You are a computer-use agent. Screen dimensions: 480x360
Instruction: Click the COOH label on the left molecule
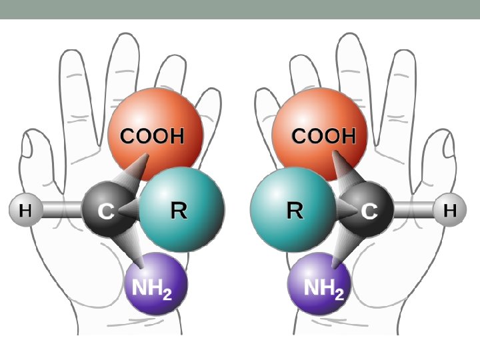[x=151, y=137]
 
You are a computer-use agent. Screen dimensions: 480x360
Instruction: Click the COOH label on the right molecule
[x=324, y=137]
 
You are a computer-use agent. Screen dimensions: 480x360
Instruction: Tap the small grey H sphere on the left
[x=25, y=211]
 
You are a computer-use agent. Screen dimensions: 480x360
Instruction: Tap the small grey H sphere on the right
[x=450, y=211]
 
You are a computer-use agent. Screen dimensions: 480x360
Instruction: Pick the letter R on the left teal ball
[x=179, y=211]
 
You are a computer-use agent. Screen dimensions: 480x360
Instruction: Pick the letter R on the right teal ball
[x=295, y=211]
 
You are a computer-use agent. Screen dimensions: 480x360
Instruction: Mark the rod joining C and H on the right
[x=413, y=211]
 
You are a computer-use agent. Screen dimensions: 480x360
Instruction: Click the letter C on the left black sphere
[x=106, y=212]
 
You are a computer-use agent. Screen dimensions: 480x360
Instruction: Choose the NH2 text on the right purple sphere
[x=324, y=289]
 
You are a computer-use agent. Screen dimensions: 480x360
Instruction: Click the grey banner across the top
[x=240, y=9]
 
